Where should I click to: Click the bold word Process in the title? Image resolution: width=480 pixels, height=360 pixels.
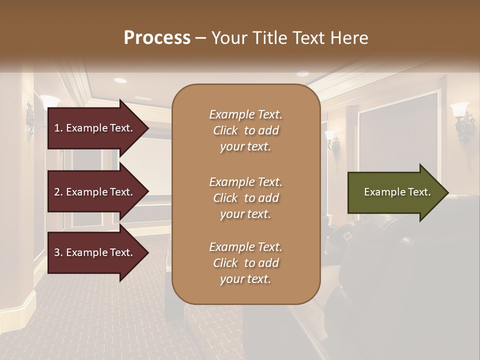pyautogui.click(x=157, y=38)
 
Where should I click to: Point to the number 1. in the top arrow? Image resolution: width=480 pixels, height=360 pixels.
pyautogui.click(x=58, y=128)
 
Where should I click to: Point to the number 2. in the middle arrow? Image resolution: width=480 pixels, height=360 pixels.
pyautogui.click(x=58, y=192)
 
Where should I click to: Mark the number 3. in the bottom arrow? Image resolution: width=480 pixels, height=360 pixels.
pyautogui.click(x=58, y=252)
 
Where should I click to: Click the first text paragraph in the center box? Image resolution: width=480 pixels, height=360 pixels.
pyautogui.click(x=245, y=130)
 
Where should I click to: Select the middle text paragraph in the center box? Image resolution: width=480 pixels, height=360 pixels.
pyautogui.click(x=245, y=198)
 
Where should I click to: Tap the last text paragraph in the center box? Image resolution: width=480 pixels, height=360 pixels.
pyautogui.click(x=245, y=263)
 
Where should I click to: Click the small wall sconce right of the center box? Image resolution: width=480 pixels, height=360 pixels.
pyautogui.click(x=332, y=140)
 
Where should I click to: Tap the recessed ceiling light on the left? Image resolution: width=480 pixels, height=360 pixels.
pyautogui.click(x=120, y=80)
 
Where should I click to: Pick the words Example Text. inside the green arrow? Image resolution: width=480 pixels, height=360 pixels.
pyautogui.click(x=397, y=192)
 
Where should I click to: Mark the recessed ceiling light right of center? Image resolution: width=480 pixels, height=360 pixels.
pyautogui.click(x=302, y=74)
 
